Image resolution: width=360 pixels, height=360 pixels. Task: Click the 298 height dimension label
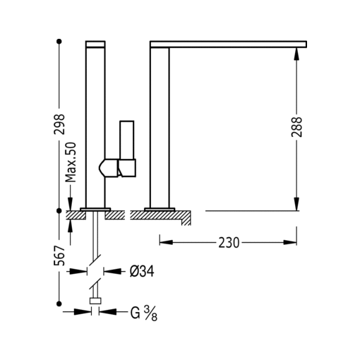[60, 125]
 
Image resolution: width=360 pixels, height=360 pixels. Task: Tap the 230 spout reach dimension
[228, 242]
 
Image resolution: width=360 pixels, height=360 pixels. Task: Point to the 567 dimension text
[60, 255]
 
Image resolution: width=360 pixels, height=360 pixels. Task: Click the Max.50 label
[71, 162]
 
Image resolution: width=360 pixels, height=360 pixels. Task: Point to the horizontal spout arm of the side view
[229, 44]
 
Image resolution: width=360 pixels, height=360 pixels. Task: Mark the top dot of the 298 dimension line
[60, 41]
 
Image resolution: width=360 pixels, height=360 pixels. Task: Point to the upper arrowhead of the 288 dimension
[296, 54]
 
